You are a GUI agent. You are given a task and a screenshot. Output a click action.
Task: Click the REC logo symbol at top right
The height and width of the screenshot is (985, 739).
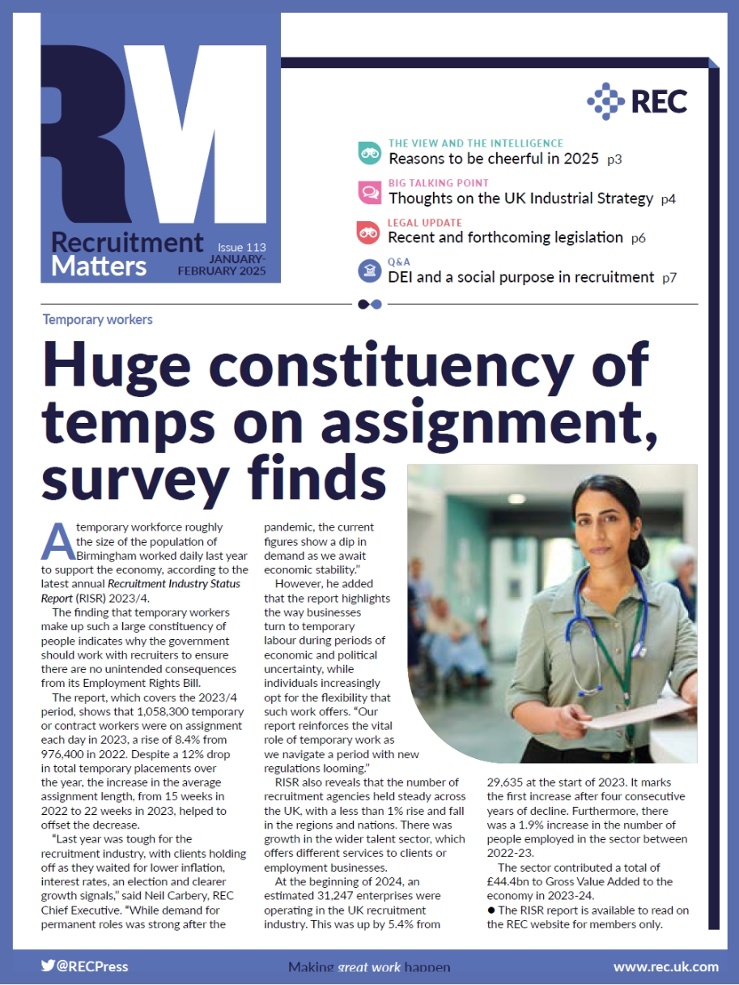click(605, 100)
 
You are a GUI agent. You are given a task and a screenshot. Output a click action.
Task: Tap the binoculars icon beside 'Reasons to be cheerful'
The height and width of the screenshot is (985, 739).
click(369, 153)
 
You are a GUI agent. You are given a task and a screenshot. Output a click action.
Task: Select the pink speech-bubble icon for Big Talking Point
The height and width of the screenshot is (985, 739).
click(369, 193)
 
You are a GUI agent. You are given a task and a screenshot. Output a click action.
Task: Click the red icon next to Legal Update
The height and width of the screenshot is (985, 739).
click(369, 232)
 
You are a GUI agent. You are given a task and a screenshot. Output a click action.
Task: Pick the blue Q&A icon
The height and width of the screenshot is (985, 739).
click(369, 271)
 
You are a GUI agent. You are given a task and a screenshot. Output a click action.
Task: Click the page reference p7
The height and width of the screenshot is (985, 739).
click(669, 278)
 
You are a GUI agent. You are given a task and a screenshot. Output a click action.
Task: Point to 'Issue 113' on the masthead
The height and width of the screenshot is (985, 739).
click(241, 247)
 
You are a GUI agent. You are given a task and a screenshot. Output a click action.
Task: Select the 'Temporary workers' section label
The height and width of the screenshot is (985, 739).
click(98, 319)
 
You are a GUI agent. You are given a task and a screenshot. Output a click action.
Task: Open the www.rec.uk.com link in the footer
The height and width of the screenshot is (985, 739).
click(665, 966)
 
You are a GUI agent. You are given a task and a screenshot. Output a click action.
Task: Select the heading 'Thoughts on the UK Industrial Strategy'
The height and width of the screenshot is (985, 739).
click(520, 198)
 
